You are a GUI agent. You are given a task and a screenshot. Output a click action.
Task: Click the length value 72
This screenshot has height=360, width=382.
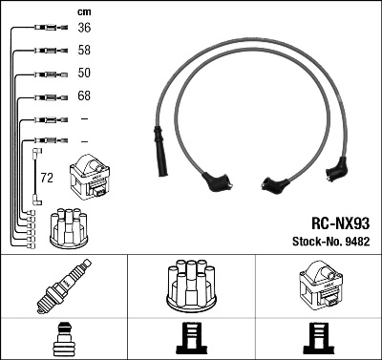[x=47, y=178]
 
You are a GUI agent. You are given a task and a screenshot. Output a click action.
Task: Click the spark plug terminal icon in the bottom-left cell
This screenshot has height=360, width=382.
[x=63, y=339]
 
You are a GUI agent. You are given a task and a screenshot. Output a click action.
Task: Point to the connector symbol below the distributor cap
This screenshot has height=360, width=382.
[x=191, y=339]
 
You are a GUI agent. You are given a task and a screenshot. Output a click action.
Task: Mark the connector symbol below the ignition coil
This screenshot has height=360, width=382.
[x=317, y=339]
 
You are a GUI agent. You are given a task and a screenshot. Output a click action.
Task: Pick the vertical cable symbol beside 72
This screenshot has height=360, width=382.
[x=36, y=173]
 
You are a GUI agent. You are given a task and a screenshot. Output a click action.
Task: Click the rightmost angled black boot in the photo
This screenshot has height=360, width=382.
[x=335, y=170]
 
